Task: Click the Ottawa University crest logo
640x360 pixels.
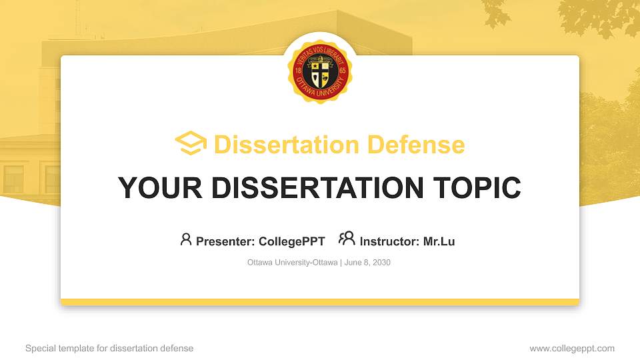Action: [x=320, y=70]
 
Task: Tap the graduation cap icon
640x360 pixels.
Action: [x=191, y=144]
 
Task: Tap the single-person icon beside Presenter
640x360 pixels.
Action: [x=186, y=239]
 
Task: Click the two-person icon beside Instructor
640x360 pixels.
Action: [x=347, y=239]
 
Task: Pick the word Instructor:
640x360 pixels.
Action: [x=390, y=241]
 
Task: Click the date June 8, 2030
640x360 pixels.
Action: [x=367, y=263]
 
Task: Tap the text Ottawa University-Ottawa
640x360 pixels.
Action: [x=292, y=263]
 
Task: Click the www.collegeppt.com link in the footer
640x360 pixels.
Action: [x=572, y=348]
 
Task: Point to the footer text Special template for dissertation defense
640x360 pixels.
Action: [x=109, y=348]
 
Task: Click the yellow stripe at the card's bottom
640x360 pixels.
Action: [x=320, y=302]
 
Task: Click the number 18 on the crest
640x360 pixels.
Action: [x=297, y=70]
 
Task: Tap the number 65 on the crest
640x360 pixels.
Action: [x=343, y=70]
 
